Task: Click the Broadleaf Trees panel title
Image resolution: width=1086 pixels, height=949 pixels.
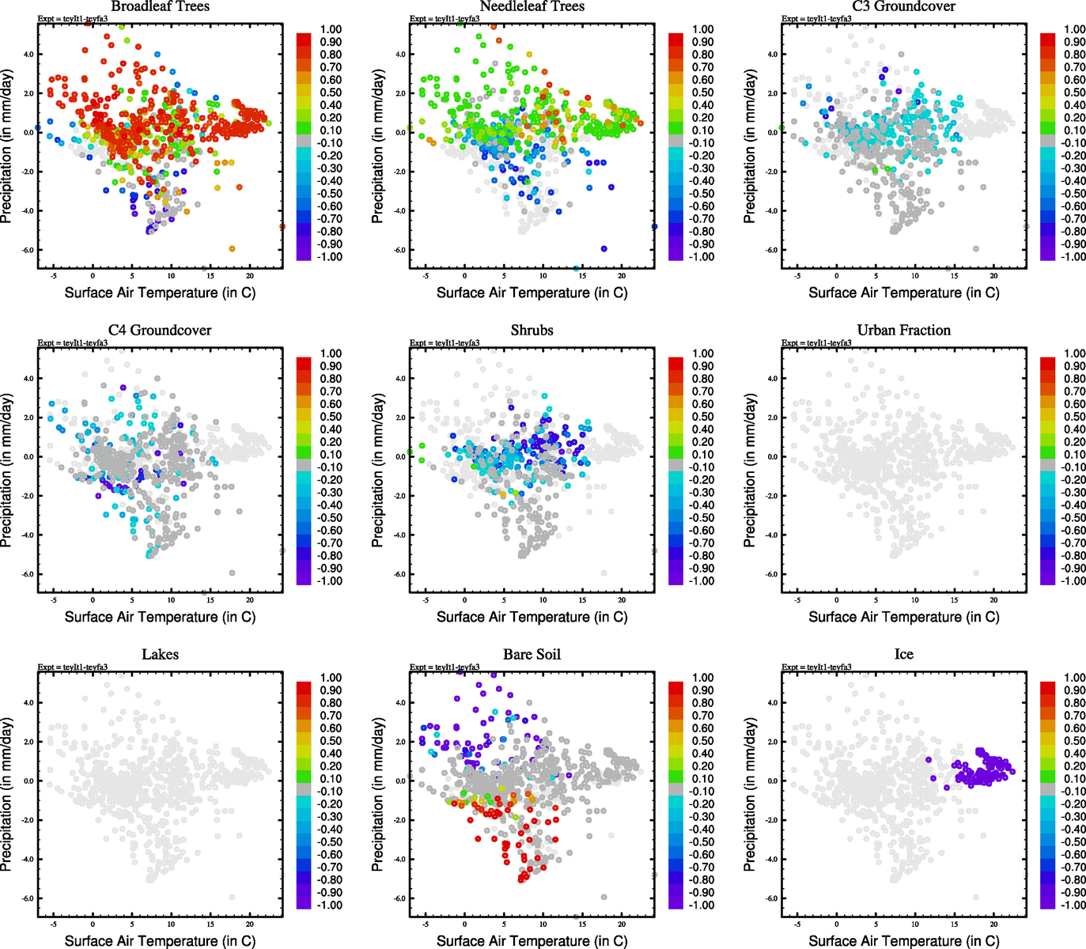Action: pyautogui.click(x=160, y=6)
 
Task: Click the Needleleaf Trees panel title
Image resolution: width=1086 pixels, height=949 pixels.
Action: pyautogui.click(x=532, y=6)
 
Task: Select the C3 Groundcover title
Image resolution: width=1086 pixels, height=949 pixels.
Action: pyautogui.click(x=903, y=6)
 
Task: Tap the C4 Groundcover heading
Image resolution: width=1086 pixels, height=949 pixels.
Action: pyautogui.click(x=160, y=331)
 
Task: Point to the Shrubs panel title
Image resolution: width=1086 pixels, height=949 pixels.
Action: pyautogui.click(x=532, y=331)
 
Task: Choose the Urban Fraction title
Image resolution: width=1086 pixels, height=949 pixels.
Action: pyautogui.click(x=903, y=331)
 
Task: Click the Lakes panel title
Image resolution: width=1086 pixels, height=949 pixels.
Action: pyautogui.click(x=160, y=655)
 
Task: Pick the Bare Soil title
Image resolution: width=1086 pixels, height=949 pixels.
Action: pyautogui.click(x=532, y=655)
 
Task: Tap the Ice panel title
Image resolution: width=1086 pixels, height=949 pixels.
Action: pyautogui.click(x=903, y=655)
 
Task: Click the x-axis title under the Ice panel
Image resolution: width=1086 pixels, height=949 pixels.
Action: pyautogui.click(x=903, y=941)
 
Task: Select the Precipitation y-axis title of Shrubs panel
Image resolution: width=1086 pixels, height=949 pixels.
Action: pyautogui.click(x=378, y=471)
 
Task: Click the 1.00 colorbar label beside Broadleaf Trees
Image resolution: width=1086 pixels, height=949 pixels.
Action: pyautogui.click(x=331, y=29)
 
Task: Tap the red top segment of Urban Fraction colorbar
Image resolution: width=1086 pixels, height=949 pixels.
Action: pyautogui.click(x=1047, y=363)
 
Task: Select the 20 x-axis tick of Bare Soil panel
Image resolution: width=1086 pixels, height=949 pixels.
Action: pyautogui.click(x=622, y=924)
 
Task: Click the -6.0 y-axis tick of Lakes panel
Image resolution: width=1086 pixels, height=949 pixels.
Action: pyautogui.click(x=28, y=898)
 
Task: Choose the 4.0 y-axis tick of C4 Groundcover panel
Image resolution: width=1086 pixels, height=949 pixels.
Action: pyautogui.click(x=28, y=379)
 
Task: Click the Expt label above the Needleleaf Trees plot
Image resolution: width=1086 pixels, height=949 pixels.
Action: pyautogui.click(x=445, y=19)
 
